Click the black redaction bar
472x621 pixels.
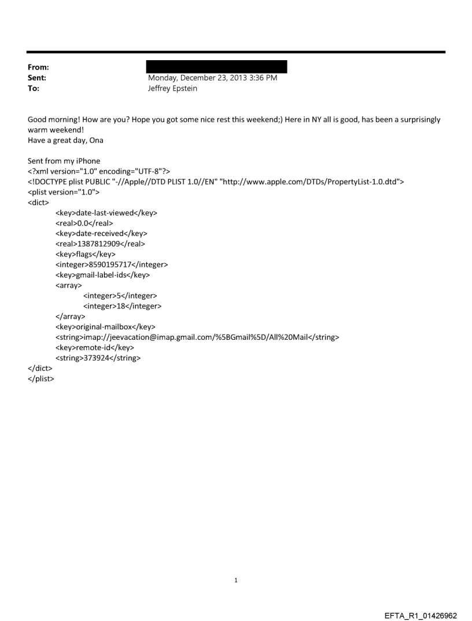tap(217, 67)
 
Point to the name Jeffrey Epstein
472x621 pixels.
tap(173, 88)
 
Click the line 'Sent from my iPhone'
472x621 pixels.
tap(64, 161)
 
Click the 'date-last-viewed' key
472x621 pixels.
tap(106, 213)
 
